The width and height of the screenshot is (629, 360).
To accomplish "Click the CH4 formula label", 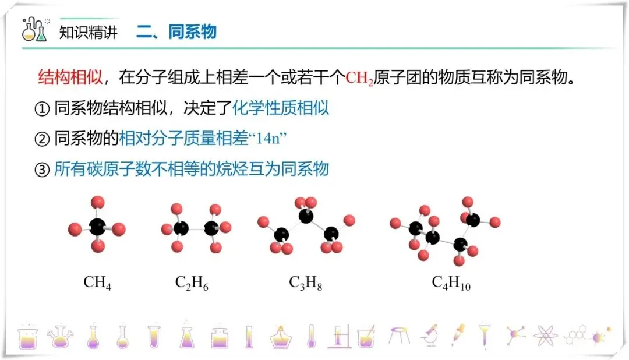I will [97, 283].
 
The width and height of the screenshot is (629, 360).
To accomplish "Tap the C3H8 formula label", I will [305, 283].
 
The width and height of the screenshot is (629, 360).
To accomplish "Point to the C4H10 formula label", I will [451, 283].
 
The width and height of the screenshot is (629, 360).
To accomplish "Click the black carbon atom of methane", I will [97, 227].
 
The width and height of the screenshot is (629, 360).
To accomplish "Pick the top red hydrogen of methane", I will [98, 203].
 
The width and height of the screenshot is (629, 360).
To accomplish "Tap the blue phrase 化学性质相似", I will [281, 108].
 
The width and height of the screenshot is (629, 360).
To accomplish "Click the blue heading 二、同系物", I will [176, 31].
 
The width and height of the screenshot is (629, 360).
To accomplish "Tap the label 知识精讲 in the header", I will [89, 32].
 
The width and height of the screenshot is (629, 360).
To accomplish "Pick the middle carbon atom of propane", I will [305, 216].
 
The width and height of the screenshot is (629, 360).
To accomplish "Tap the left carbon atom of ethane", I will [181, 227].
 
